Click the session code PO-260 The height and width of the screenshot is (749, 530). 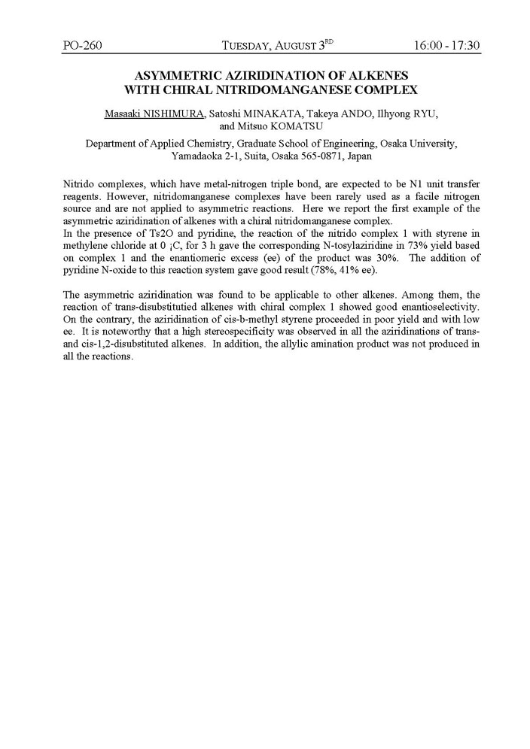(82, 45)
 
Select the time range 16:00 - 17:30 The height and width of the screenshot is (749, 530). (446, 45)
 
